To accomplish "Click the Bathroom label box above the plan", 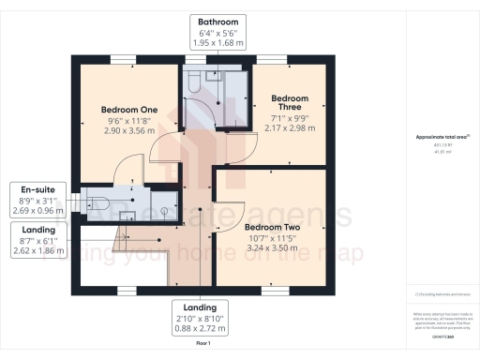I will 217,31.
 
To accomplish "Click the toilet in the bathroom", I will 192,85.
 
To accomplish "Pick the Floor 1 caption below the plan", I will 202,346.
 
